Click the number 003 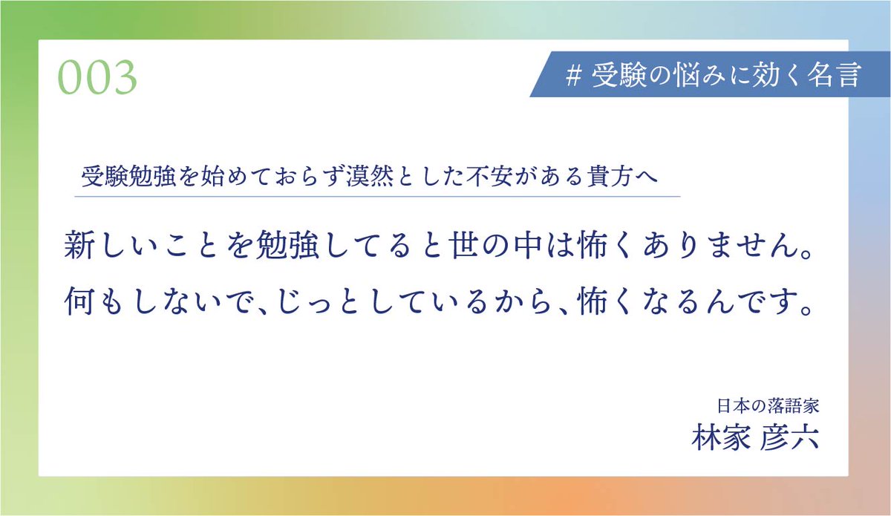tap(98, 77)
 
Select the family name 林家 tap(719, 436)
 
